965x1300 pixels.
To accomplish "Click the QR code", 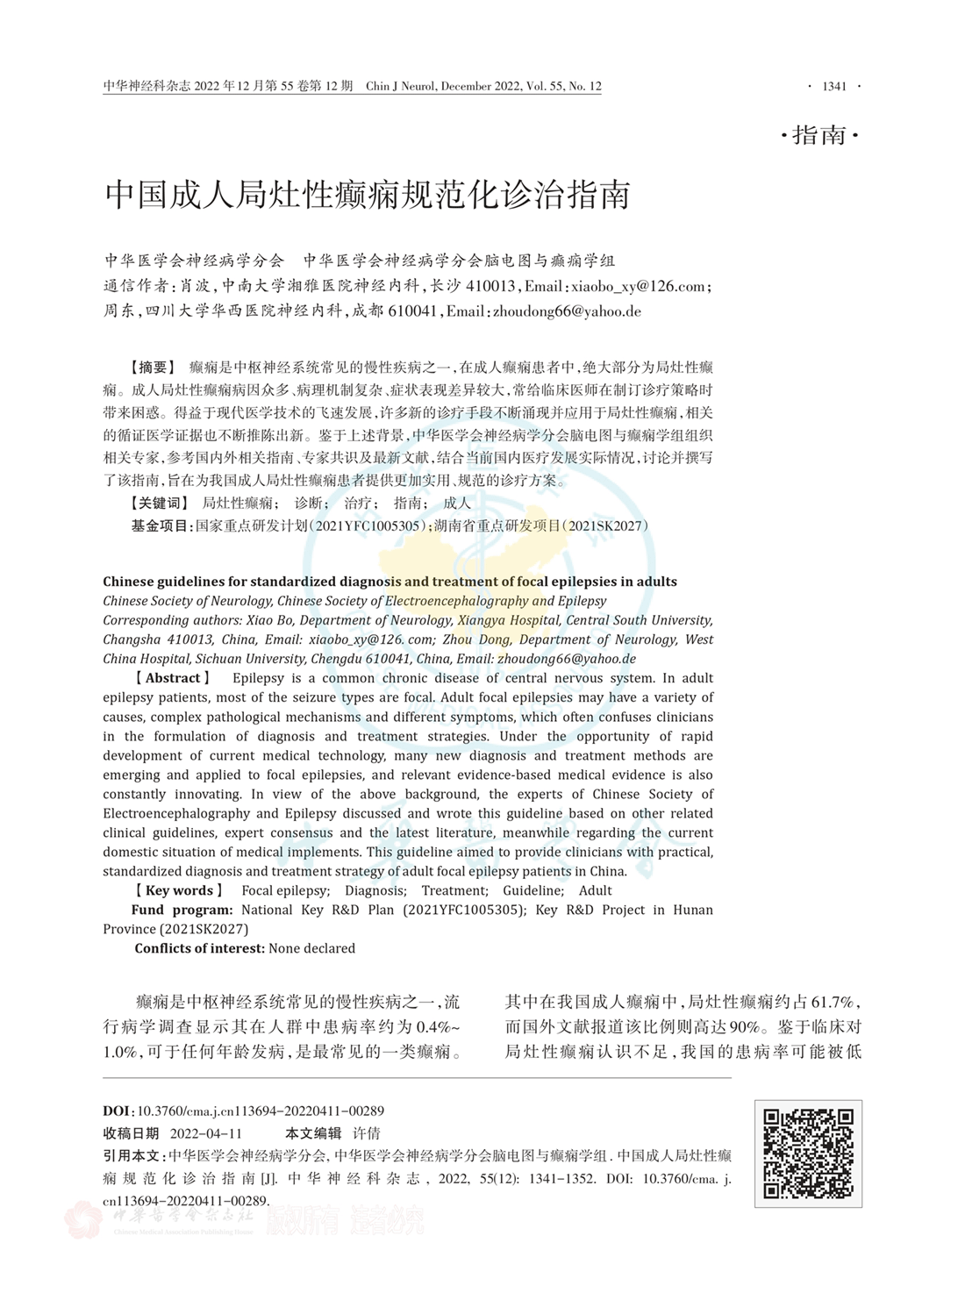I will click(808, 1154).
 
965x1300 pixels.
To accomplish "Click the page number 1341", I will click(834, 86).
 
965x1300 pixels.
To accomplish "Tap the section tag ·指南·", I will click(818, 136).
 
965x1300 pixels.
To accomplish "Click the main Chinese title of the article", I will click(368, 195).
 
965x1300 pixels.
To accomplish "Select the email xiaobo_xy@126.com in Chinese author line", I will click(638, 286).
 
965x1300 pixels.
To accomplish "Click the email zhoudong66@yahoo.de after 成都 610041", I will click(567, 311).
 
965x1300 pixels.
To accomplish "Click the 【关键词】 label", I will click(159, 503).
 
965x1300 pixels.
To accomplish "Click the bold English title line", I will click(390, 582).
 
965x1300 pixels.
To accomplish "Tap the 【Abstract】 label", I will click(172, 678).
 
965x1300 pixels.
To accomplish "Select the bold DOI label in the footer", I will click(118, 1110).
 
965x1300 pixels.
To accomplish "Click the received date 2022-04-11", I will click(206, 1132).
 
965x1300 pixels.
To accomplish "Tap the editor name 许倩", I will click(367, 1132).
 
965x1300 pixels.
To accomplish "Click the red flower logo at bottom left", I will click(84, 1220).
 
